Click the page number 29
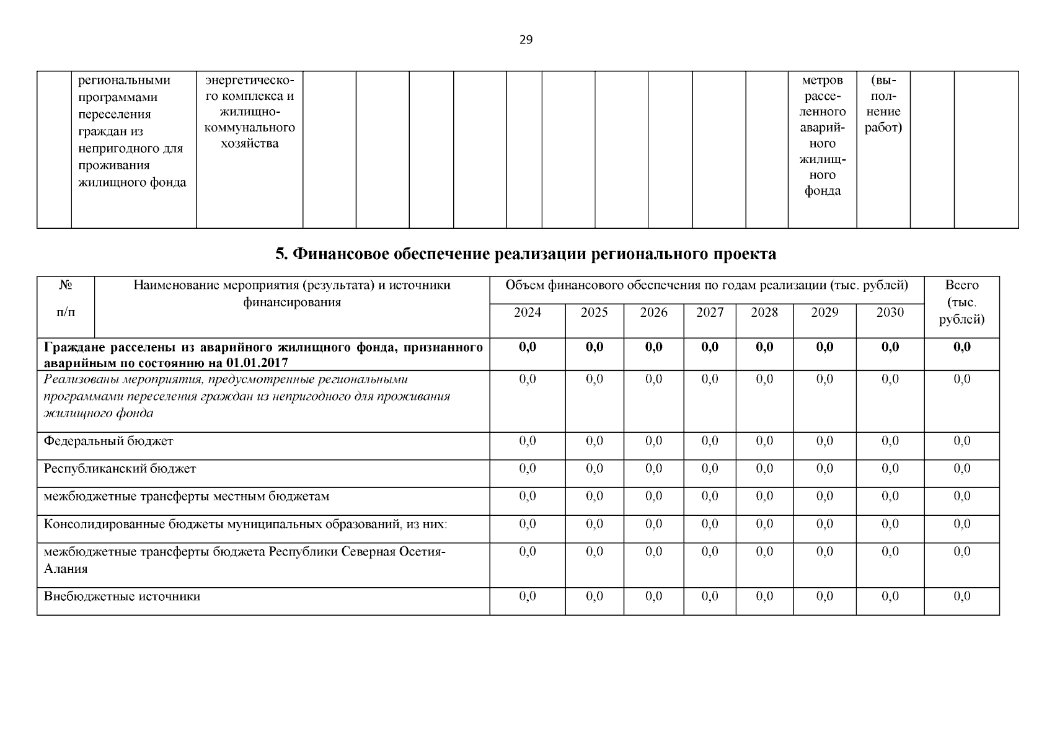(526, 40)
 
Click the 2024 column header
(527, 312)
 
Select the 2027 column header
(709, 312)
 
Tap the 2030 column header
(890, 312)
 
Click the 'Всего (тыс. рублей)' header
(961, 303)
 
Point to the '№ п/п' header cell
(66, 299)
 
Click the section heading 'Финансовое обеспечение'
(525, 254)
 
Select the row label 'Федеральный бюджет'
(108, 441)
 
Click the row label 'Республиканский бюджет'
(120, 469)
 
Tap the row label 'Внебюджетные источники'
(122, 596)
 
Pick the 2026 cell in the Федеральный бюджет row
(653, 441)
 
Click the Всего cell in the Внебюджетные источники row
(961, 596)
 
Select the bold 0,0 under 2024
(527, 347)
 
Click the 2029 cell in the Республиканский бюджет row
(824, 469)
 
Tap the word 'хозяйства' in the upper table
(249, 144)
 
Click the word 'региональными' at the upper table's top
(124, 81)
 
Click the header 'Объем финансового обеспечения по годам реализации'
(707, 286)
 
